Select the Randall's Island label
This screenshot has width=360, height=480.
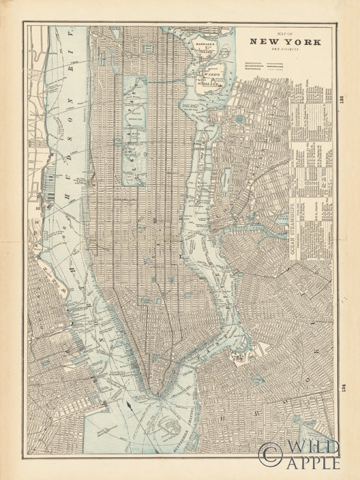[203, 46]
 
